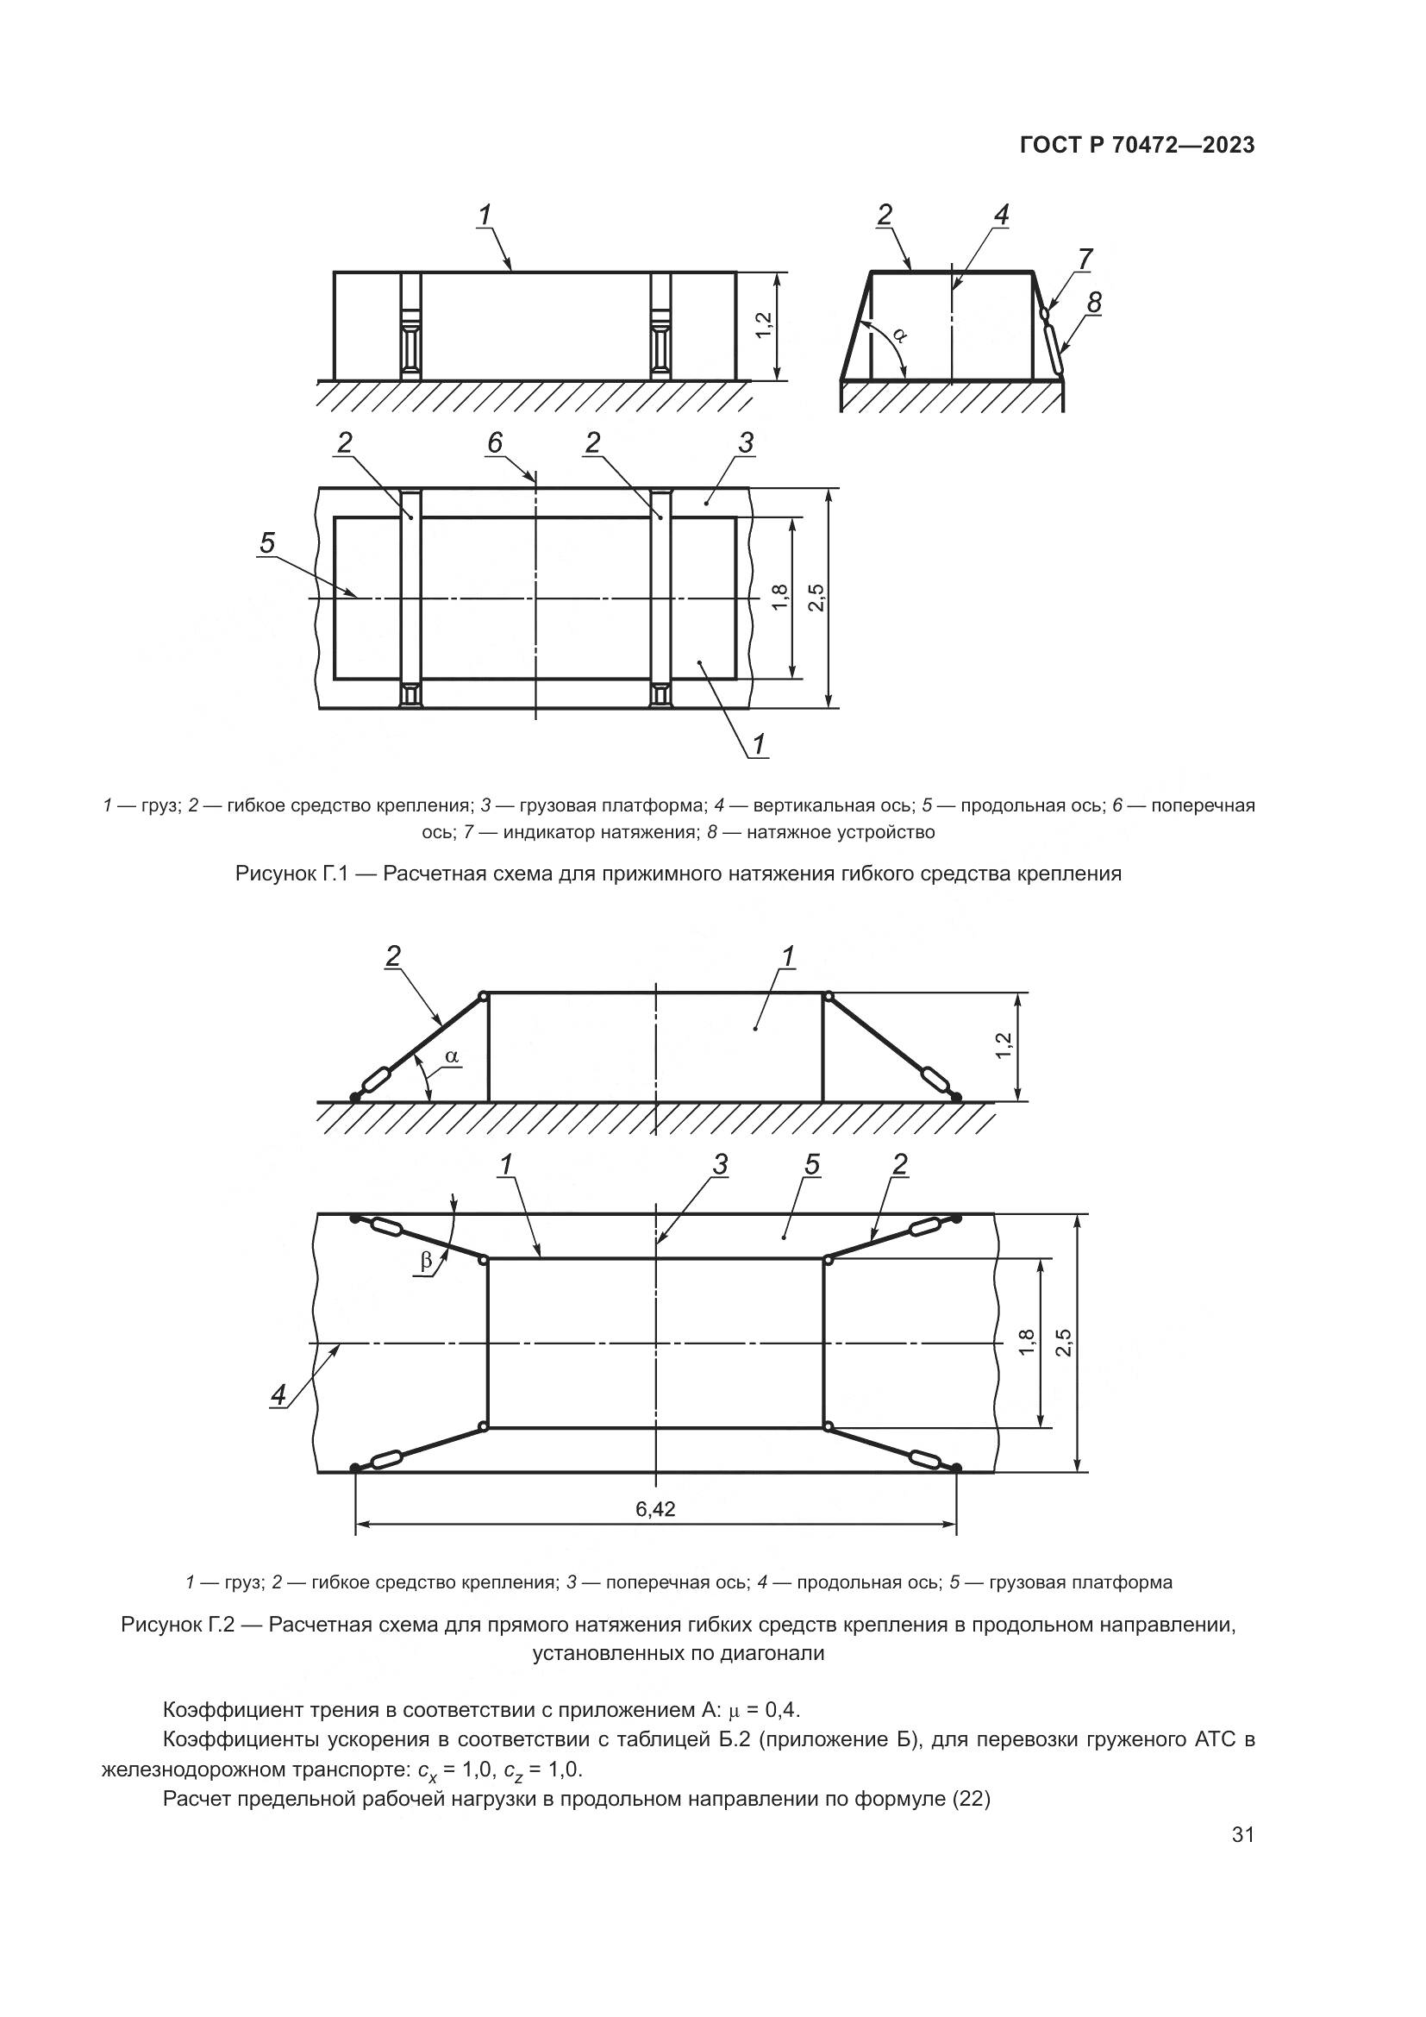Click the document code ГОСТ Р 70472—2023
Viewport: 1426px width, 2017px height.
[1137, 146]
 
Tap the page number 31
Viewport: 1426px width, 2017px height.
[1242, 1860]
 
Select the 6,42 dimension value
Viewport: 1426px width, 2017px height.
[655, 1509]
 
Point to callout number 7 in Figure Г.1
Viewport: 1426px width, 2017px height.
[1085, 260]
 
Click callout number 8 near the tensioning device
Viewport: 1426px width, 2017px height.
[1094, 302]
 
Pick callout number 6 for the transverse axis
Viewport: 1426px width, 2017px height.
[495, 442]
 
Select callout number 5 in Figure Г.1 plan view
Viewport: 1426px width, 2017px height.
[267, 543]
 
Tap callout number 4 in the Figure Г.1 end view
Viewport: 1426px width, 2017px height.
[1002, 215]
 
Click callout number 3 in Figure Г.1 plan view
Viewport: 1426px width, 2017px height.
[746, 442]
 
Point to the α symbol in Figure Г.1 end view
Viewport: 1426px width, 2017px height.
[899, 334]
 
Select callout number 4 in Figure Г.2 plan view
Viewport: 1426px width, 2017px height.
[278, 1395]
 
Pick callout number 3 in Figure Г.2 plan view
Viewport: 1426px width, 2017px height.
[720, 1165]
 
